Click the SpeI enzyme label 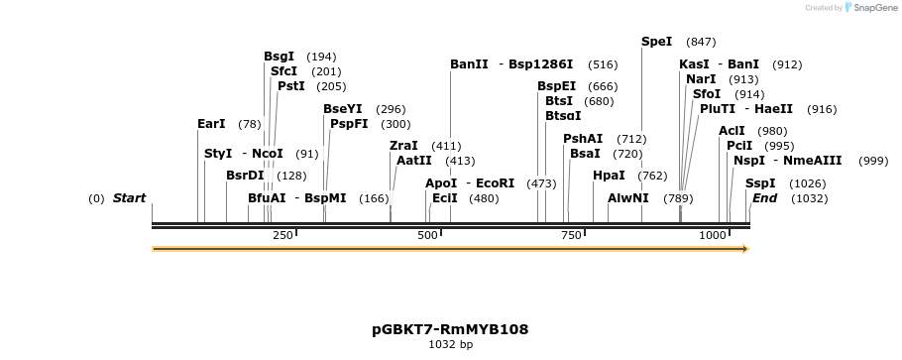click(657, 42)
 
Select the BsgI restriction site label click(279, 57)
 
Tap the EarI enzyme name click(211, 124)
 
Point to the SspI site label click(760, 183)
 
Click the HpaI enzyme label click(609, 176)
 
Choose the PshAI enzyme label click(583, 139)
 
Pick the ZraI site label click(403, 146)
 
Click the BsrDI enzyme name click(245, 176)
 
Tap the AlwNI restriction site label click(627, 198)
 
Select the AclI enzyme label click(732, 131)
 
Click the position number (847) click(701, 42)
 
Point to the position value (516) click(603, 64)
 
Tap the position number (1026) click(807, 183)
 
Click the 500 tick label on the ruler click(427, 235)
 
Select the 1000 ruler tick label click(713, 235)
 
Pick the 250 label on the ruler click(282, 235)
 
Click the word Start click(129, 198)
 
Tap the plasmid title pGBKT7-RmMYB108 click(450, 329)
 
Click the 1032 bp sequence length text click(450, 345)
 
